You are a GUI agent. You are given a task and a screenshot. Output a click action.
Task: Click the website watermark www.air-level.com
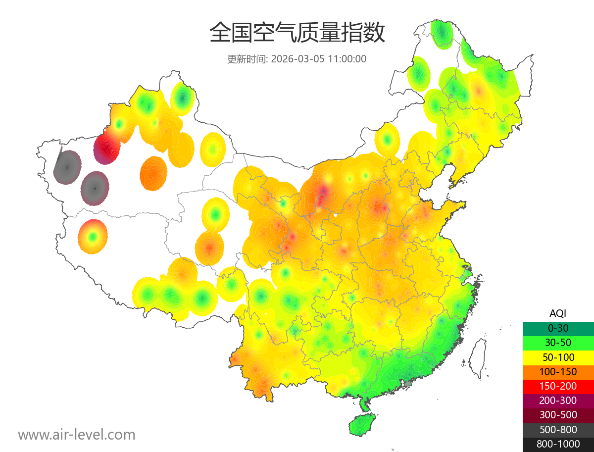[77, 435]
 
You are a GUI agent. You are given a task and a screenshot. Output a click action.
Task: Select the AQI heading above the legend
[558, 313]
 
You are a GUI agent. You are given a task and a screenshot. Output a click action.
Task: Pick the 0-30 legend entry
[558, 328]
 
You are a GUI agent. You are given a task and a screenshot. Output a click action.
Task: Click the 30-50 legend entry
[558, 343]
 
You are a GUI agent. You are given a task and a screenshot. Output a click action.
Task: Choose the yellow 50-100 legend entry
[558, 357]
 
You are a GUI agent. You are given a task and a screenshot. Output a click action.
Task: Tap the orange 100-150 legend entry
[558, 372]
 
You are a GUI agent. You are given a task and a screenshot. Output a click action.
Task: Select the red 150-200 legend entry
[558, 386]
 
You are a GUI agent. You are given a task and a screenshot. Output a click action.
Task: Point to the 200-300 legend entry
[558, 401]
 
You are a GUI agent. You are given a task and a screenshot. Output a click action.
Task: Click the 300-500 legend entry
[558, 415]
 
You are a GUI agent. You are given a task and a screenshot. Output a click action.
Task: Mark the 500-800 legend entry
[558, 430]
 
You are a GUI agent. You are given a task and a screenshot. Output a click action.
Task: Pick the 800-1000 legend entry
[558, 444]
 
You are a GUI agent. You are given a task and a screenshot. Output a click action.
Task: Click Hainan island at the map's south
[362, 425]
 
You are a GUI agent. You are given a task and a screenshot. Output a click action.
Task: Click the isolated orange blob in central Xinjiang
[153, 174]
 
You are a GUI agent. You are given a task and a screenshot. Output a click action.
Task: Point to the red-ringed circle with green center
[93, 237]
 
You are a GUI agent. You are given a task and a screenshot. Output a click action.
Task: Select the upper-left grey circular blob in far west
[67, 167]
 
